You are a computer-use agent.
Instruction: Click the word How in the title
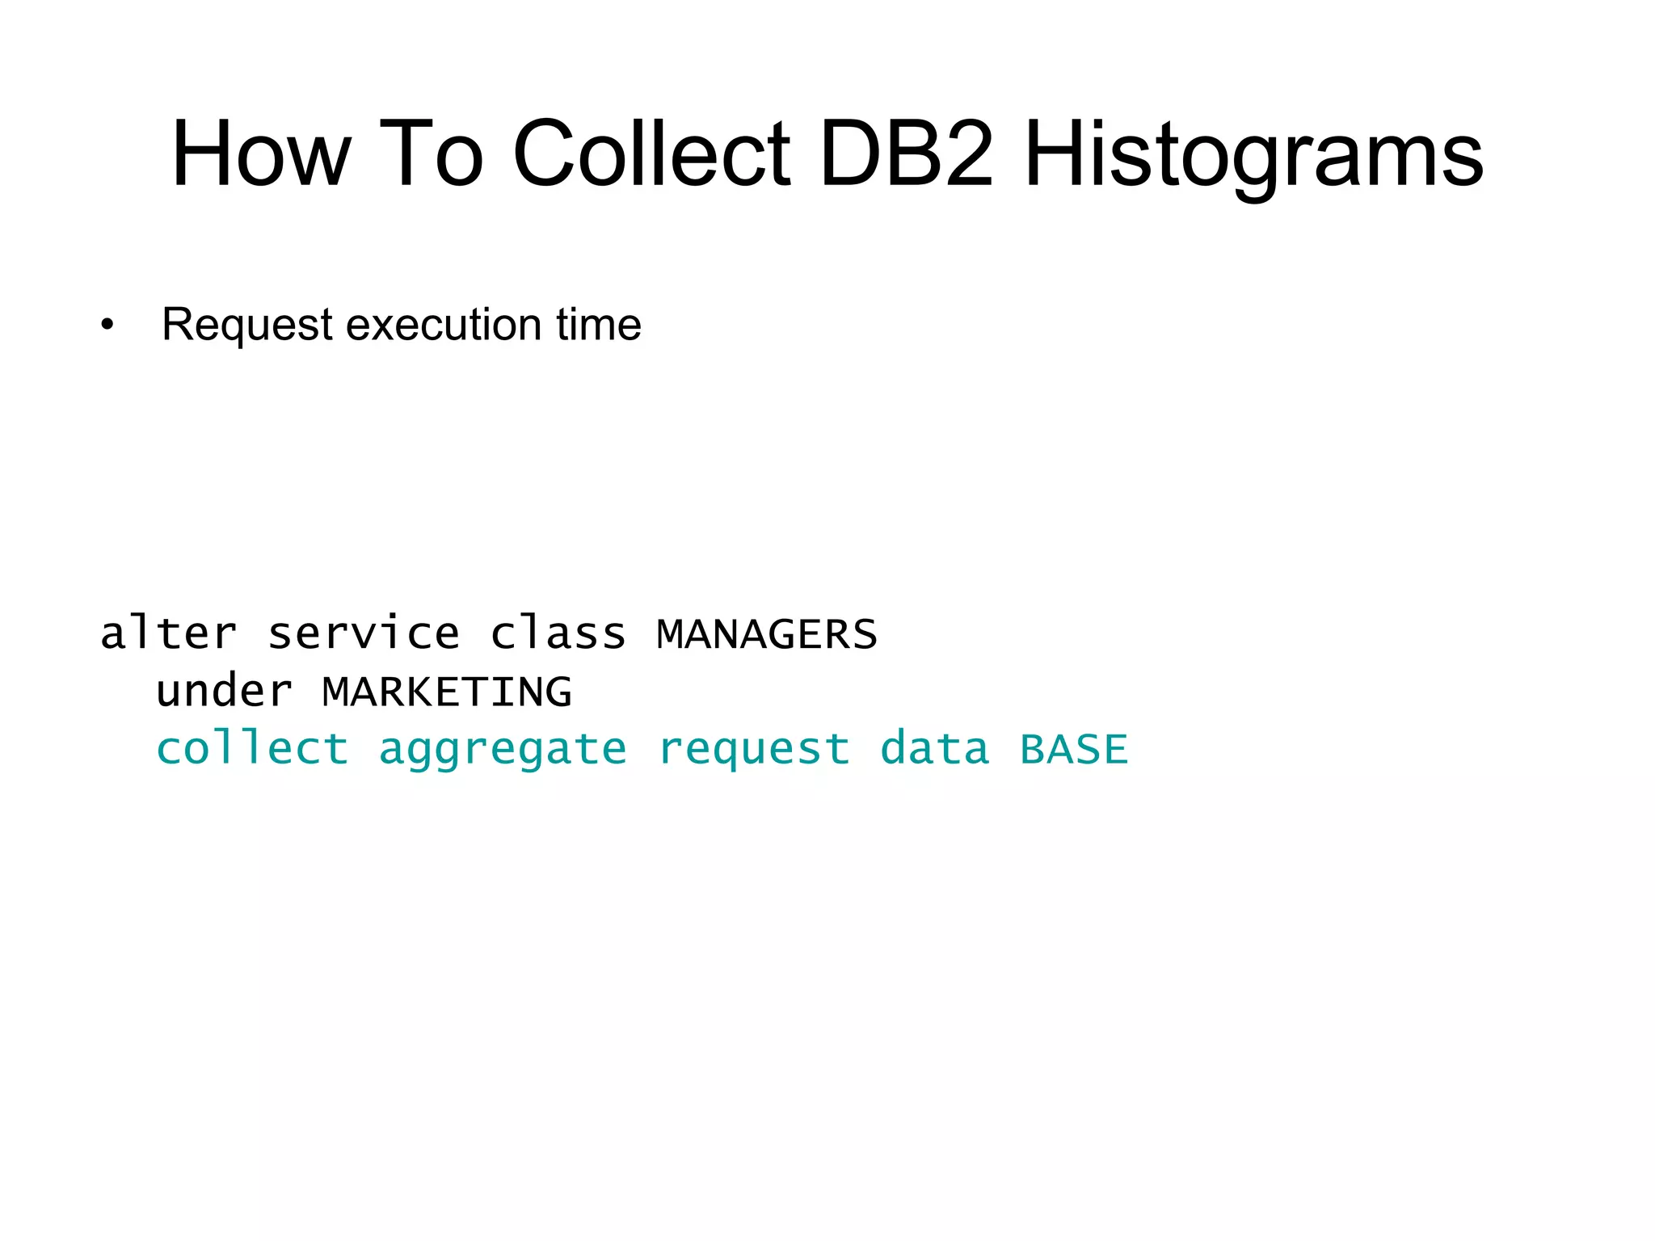(261, 154)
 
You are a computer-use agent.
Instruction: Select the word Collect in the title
(651, 154)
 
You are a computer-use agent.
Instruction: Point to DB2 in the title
(906, 154)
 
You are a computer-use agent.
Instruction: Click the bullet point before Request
(107, 326)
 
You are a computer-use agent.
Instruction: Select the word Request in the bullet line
(246, 326)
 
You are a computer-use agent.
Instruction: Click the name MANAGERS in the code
(767, 634)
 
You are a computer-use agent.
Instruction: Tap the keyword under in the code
(225, 692)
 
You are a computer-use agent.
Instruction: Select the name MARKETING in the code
(447, 692)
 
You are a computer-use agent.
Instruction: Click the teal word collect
(252, 748)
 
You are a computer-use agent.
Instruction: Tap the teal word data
(934, 748)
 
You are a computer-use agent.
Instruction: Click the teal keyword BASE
(1074, 750)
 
